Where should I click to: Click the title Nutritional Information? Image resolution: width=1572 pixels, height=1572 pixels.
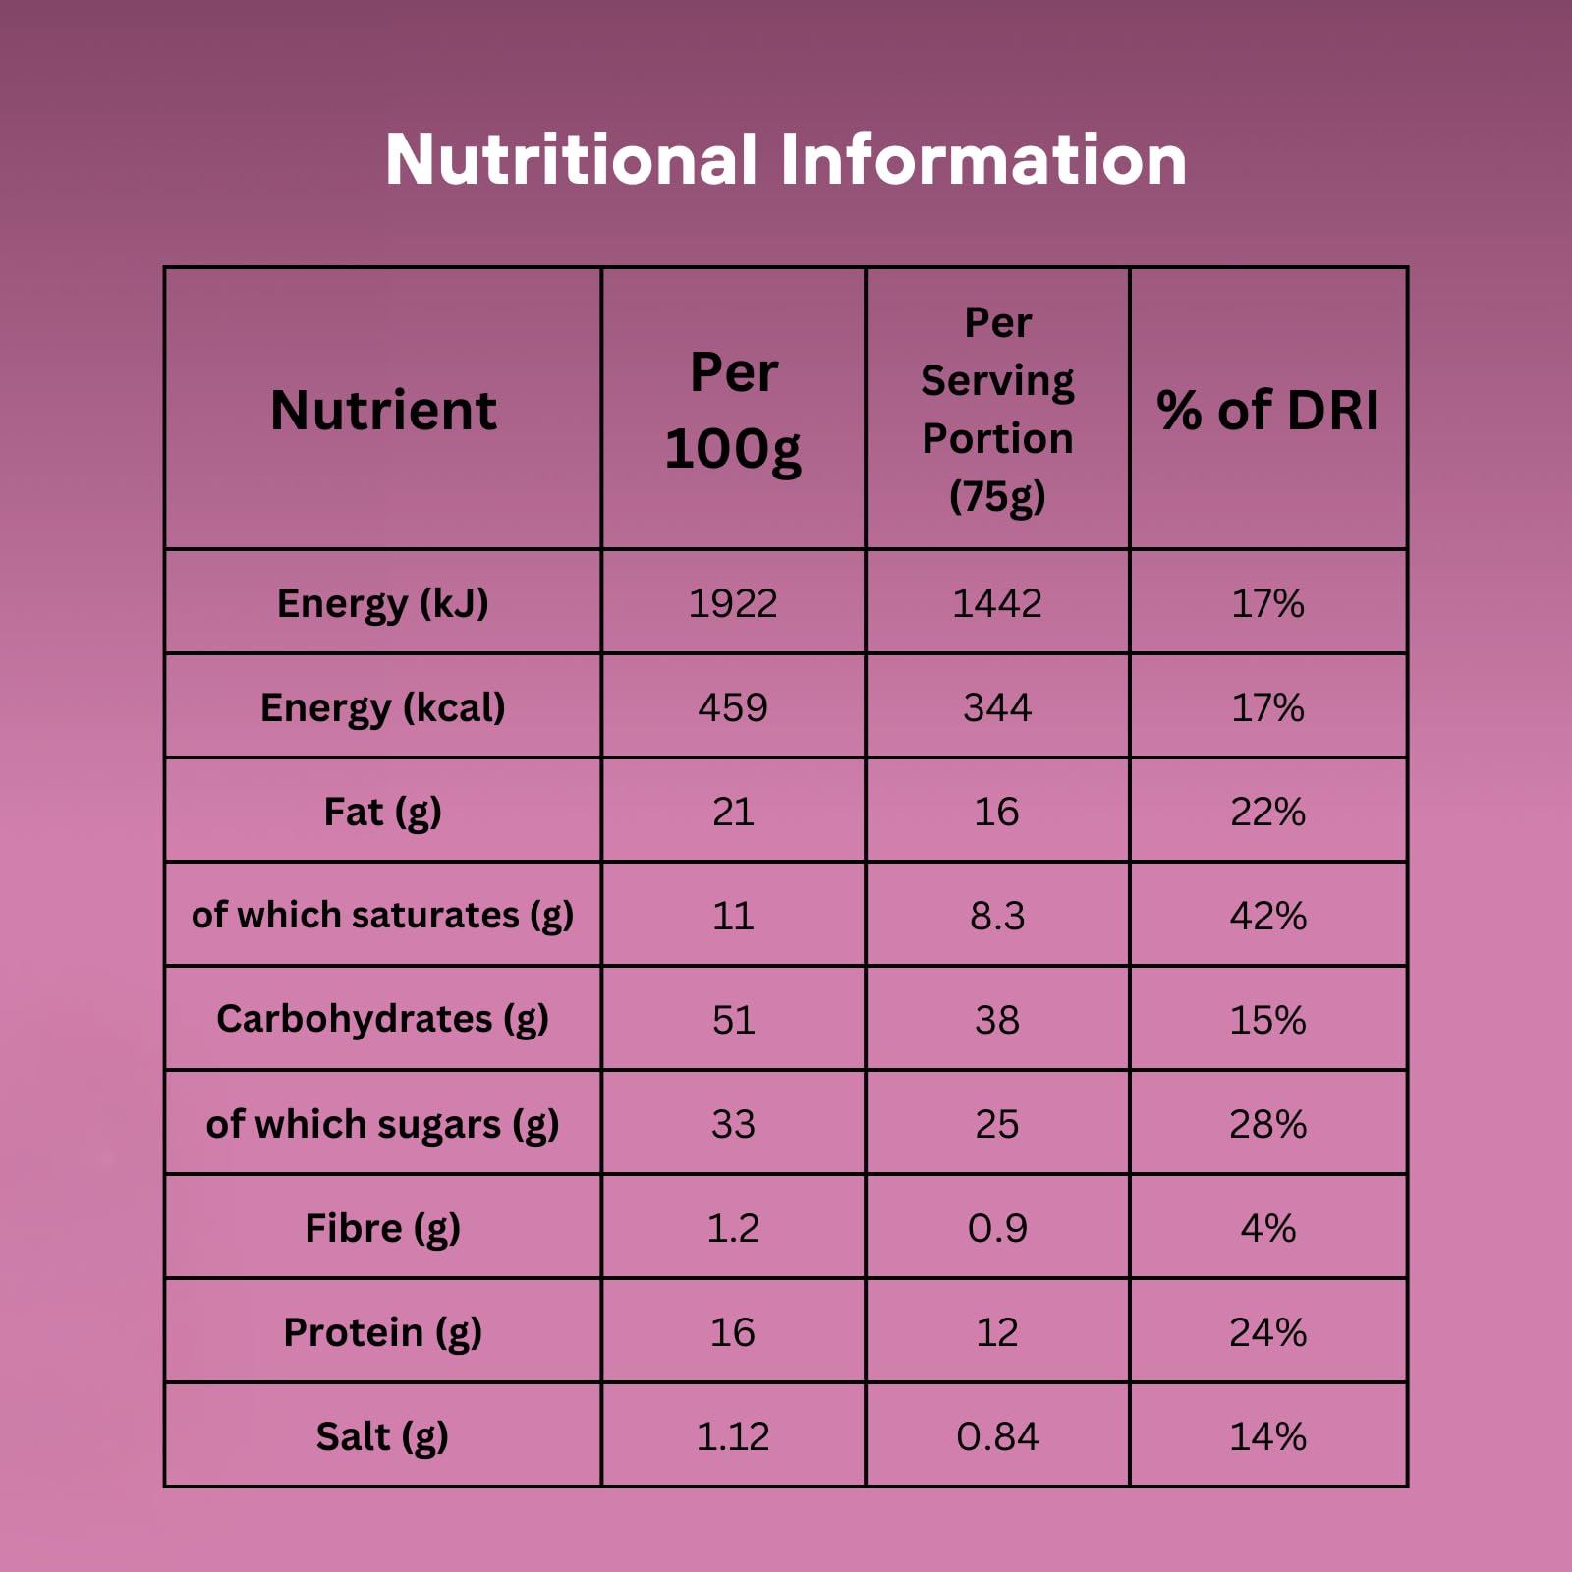786,159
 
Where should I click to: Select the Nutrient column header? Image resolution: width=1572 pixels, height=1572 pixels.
383,410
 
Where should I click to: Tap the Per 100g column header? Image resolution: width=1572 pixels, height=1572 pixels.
733,410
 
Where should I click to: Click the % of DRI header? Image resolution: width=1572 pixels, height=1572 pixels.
1267,410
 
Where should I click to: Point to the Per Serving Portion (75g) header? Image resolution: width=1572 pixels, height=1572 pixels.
997,410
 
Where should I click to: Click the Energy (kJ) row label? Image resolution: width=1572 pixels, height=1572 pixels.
383,603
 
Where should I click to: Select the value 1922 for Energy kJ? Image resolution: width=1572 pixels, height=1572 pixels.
733,603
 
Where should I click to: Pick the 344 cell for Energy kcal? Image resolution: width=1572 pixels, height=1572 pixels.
997,707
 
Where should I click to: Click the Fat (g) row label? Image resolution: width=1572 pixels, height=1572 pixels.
383,812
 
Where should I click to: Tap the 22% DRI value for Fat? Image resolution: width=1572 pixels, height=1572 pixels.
1267,812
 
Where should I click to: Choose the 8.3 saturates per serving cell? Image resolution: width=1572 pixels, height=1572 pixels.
997,916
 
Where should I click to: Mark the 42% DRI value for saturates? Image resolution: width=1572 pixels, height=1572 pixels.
1267,916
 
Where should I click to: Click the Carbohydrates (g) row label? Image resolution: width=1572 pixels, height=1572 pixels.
383,1020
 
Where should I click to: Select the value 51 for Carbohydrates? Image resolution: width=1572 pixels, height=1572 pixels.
733,1020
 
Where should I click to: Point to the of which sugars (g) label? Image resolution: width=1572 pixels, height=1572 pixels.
383,1124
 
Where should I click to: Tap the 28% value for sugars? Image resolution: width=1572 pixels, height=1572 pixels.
1267,1124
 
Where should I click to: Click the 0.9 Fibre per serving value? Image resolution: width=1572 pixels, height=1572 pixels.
997,1228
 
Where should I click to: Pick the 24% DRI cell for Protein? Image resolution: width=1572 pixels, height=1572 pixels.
1267,1332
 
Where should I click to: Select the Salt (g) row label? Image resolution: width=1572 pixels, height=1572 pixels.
383,1436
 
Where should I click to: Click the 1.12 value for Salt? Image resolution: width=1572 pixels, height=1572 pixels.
733,1436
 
